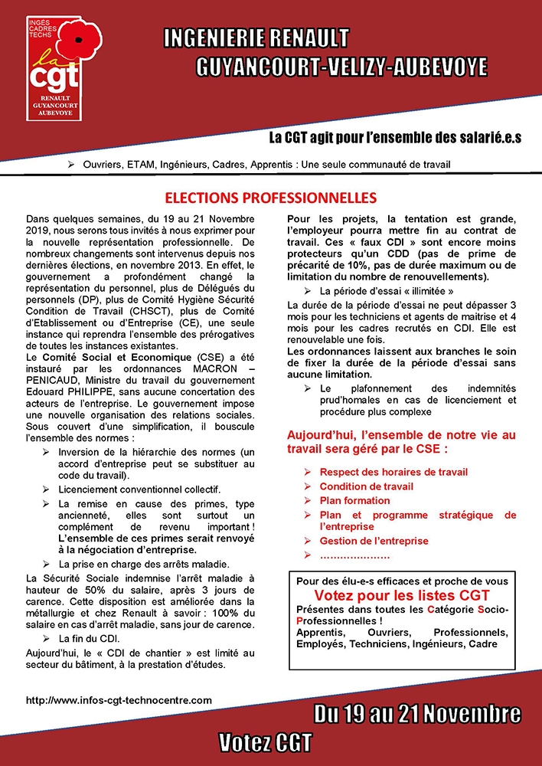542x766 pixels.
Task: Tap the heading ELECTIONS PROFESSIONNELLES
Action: [271, 198]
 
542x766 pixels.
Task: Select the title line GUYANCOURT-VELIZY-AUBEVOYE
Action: [341, 67]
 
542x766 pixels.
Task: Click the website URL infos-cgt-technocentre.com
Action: [119, 700]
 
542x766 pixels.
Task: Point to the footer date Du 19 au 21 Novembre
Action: [417, 715]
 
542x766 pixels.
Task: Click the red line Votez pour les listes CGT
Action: [402, 595]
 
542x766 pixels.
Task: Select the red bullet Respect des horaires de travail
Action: [393, 472]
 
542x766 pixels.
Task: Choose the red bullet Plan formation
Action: [354, 500]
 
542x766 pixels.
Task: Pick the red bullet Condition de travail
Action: [366, 486]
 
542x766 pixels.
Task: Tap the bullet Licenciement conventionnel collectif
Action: [139, 489]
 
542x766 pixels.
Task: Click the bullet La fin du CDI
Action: [91, 638]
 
